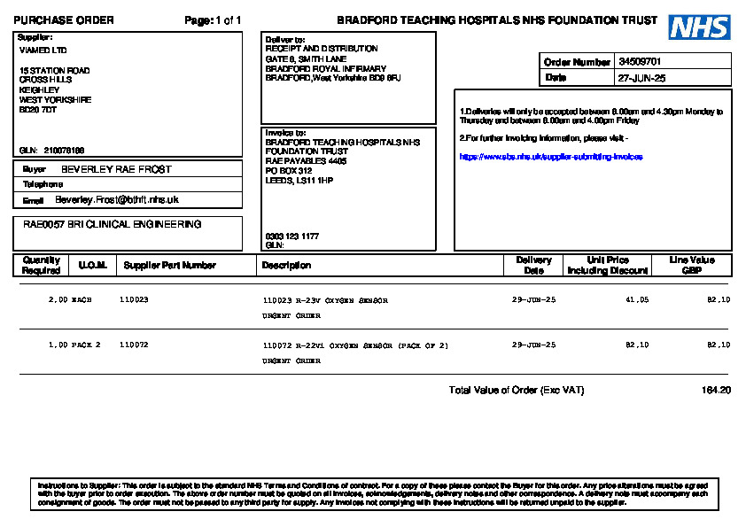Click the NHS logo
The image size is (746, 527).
click(699, 27)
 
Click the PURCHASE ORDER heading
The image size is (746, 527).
click(63, 20)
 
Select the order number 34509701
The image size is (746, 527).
click(640, 62)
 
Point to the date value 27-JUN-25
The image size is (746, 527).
click(641, 78)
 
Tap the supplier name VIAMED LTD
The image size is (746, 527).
click(43, 50)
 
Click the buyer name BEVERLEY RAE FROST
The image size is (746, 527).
click(116, 169)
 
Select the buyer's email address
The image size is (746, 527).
click(117, 200)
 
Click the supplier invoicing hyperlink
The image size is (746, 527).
click(551, 157)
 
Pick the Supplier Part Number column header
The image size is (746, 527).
click(170, 265)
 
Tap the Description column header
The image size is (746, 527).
click(286, 265)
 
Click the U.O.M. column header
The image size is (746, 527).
click(92, 265)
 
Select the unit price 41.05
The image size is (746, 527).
click(637, 300)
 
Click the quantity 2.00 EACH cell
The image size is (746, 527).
click(70, 300)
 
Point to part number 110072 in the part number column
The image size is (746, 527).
click(134, 345)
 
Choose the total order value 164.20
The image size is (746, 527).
click(716, 391)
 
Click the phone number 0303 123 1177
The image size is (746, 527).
click(292, 236)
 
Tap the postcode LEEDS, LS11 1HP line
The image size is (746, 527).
click(299, 181)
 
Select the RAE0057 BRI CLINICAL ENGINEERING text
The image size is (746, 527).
click(112, 225)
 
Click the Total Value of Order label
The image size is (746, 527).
click(516, 391)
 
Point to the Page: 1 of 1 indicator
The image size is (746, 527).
click(213, 20)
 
